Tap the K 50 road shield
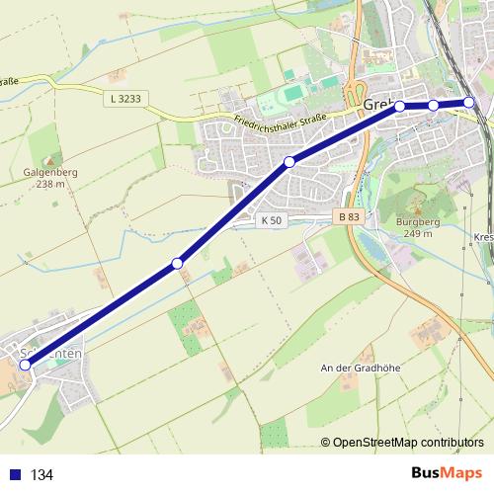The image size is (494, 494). pyautogui.click(x=274, y=220)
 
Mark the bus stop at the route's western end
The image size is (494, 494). pyautogui.click(x=26, y=365)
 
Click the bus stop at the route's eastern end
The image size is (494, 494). pyautogui.click(x=469, y=101)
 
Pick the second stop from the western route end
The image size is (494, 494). pyautogui.click(x=178, y=263)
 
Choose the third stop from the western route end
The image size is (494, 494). pyautogui.click(x=289, y=162)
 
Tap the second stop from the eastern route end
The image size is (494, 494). pyautogui.click(x=433, y=106)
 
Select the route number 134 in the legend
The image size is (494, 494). pyautogui.click(x=41, y=475)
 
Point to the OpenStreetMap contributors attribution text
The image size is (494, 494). pyautogui.click(x=408, y=443)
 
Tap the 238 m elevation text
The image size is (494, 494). pyautogui.click(x=44, y=184)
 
